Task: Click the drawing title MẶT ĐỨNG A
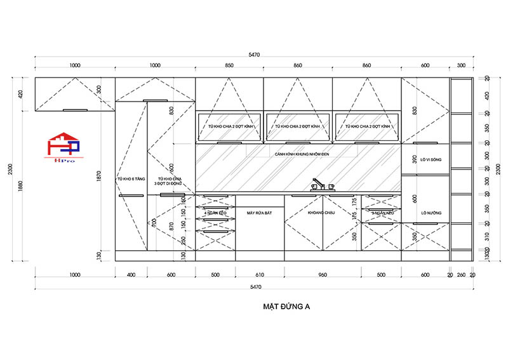click(286, 306)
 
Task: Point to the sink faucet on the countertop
click(319, 186)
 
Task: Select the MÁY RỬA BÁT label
click(259, 213)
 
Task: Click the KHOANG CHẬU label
click(321, 213)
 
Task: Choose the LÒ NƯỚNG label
click(425, 213)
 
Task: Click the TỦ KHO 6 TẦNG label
click(131, 179)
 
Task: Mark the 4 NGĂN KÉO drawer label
click(215, 213)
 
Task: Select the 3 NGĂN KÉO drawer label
click(380, 213)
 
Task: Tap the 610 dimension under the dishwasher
click(259, 275)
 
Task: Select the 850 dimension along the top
click(229, 65)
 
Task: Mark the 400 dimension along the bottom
click(131, 275)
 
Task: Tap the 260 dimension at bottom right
click(462, 275)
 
